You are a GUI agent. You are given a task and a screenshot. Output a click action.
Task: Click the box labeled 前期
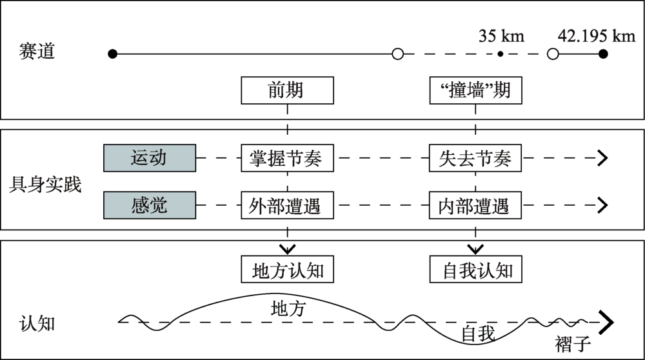click(287, 90)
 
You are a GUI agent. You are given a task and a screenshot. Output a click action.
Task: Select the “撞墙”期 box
click(475, 90)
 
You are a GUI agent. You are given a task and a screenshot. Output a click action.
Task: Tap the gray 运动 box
click(149, 157)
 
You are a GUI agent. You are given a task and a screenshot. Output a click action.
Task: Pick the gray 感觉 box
click(149, 205)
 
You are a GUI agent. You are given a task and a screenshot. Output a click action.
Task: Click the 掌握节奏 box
click(287, 157)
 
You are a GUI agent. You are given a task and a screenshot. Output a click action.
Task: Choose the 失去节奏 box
click(475, 157)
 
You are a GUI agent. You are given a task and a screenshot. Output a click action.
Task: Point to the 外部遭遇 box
click(287, 205)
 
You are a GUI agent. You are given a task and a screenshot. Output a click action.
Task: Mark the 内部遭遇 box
click(475, 205)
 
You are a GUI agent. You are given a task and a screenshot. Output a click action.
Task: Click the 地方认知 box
click(287, 270)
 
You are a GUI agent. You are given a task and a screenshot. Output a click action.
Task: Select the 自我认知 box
click(475, 270)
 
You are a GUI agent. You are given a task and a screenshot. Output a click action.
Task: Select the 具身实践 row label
click(46, 185)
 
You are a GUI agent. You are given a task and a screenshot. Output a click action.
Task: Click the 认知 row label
click(37, 322)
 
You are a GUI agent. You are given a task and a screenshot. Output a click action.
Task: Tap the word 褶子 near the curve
click(573, 344)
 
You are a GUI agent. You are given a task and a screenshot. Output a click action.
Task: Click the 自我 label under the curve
click(478, 334)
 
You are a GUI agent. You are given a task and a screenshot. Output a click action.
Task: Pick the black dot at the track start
click(113, 54)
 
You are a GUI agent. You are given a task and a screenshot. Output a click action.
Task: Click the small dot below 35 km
click(500, 54)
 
